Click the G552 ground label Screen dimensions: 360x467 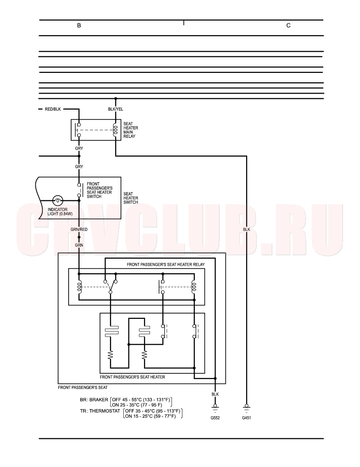[215, 418]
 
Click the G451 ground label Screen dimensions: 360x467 [247, 418]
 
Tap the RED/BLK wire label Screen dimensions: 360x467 [53, 109]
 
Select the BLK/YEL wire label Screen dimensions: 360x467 [116, 109]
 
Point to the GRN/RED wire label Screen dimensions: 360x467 [79, 230]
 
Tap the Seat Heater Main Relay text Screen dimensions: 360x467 [131, 130]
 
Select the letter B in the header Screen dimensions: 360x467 [79, 25]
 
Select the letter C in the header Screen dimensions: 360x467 [288, 25]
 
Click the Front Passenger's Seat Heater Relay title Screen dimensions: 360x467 [166, 264]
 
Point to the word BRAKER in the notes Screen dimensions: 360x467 [99, 400]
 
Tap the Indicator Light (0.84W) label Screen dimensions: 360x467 [60, 212]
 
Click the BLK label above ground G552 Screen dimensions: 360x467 [215, 394]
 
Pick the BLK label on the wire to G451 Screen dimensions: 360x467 [247, 230]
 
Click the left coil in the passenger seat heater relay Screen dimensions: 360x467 [79, 287]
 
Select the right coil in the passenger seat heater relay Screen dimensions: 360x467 [194, 287]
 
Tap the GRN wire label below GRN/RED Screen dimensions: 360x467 [79, 245]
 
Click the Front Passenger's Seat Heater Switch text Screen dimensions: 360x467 [100, 190]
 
